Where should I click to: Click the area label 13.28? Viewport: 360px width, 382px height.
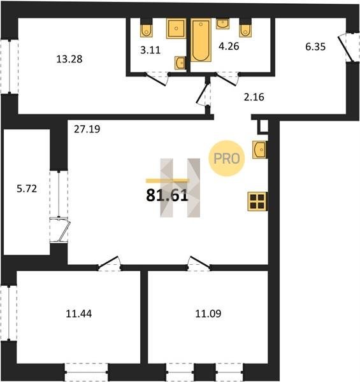[69, 59]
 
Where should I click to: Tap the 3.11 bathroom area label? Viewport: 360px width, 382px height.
[150, 50]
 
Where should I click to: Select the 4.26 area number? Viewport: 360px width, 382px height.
[229, 46]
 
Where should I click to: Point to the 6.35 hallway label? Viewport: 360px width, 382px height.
[315, 46]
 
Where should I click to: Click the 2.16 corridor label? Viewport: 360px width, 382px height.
[254, 97]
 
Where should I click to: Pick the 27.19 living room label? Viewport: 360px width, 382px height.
[87, 129]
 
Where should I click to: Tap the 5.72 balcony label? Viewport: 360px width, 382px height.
[27, 188]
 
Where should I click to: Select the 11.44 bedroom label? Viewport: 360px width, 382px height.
[79, 313]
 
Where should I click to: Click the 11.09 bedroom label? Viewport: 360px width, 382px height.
[208, 313]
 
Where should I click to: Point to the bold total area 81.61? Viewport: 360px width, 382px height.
[167, 195]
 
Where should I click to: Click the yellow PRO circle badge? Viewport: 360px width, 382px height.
[226, 159]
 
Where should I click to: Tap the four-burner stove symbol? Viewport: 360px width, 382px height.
[257, 201]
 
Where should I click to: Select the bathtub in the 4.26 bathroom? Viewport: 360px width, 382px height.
[201, 40]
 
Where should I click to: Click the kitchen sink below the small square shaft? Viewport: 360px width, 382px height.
[259, 150]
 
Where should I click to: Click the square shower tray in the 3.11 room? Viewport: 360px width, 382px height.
[176, 29]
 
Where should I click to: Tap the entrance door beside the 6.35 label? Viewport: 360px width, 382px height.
[345, 48]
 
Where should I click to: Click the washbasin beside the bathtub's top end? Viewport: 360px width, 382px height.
[222, 24]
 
